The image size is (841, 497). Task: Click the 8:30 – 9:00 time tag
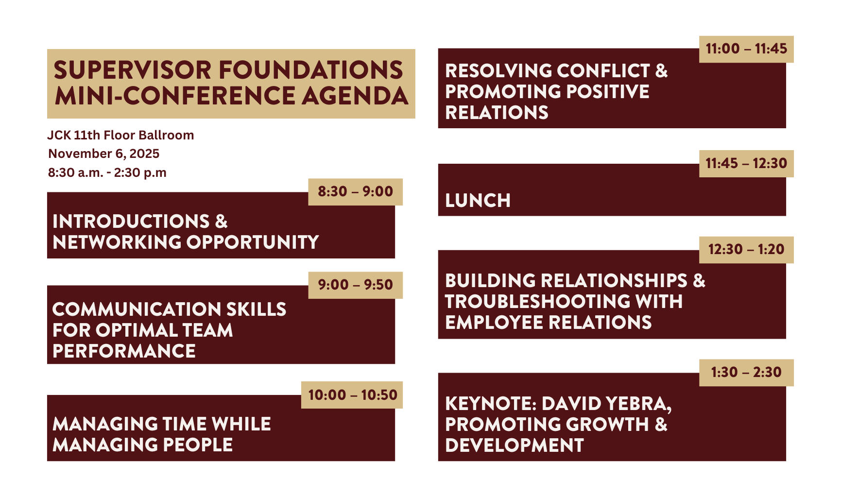[355, 192]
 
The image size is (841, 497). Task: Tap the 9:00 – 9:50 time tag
[355, 285]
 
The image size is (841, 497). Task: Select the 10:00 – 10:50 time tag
[352, 395]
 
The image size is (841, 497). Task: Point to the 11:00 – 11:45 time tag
[746, 49]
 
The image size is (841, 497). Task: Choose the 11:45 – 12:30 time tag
[746, 164]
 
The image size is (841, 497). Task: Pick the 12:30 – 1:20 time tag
[746, 250]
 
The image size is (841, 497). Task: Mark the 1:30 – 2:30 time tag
[746, 373]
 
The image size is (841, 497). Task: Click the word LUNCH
[478, 201]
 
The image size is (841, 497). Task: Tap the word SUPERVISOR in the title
[132, 70]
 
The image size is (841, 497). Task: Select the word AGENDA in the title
[355, 96]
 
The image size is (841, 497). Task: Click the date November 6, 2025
[104, 154]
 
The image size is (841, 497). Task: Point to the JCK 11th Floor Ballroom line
[120, 135]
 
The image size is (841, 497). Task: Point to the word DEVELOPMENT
[515, 446]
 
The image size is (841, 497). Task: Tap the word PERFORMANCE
[124, 351]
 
